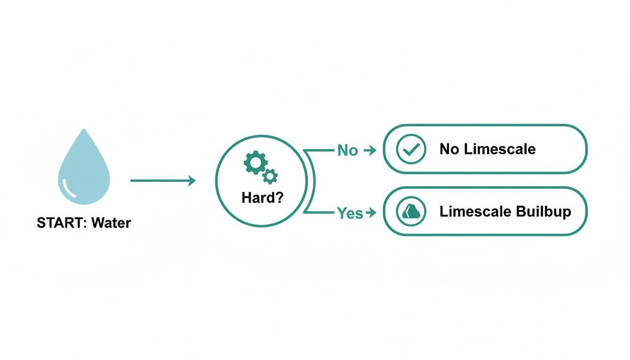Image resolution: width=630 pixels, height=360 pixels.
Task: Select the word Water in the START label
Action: coord(112,223)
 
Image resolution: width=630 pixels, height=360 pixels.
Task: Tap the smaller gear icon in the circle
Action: coord(270,176)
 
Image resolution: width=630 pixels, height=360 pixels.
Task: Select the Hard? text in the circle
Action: coord(262,198)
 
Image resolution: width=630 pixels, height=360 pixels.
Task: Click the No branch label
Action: coord(347,150)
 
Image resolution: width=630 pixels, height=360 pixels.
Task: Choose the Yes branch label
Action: coord(350,213)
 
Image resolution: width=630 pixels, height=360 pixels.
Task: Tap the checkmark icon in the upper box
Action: coord(411,149)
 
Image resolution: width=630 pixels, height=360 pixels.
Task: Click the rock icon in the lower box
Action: coord(411,212)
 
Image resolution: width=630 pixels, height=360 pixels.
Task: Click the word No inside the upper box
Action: coord(449,149)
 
